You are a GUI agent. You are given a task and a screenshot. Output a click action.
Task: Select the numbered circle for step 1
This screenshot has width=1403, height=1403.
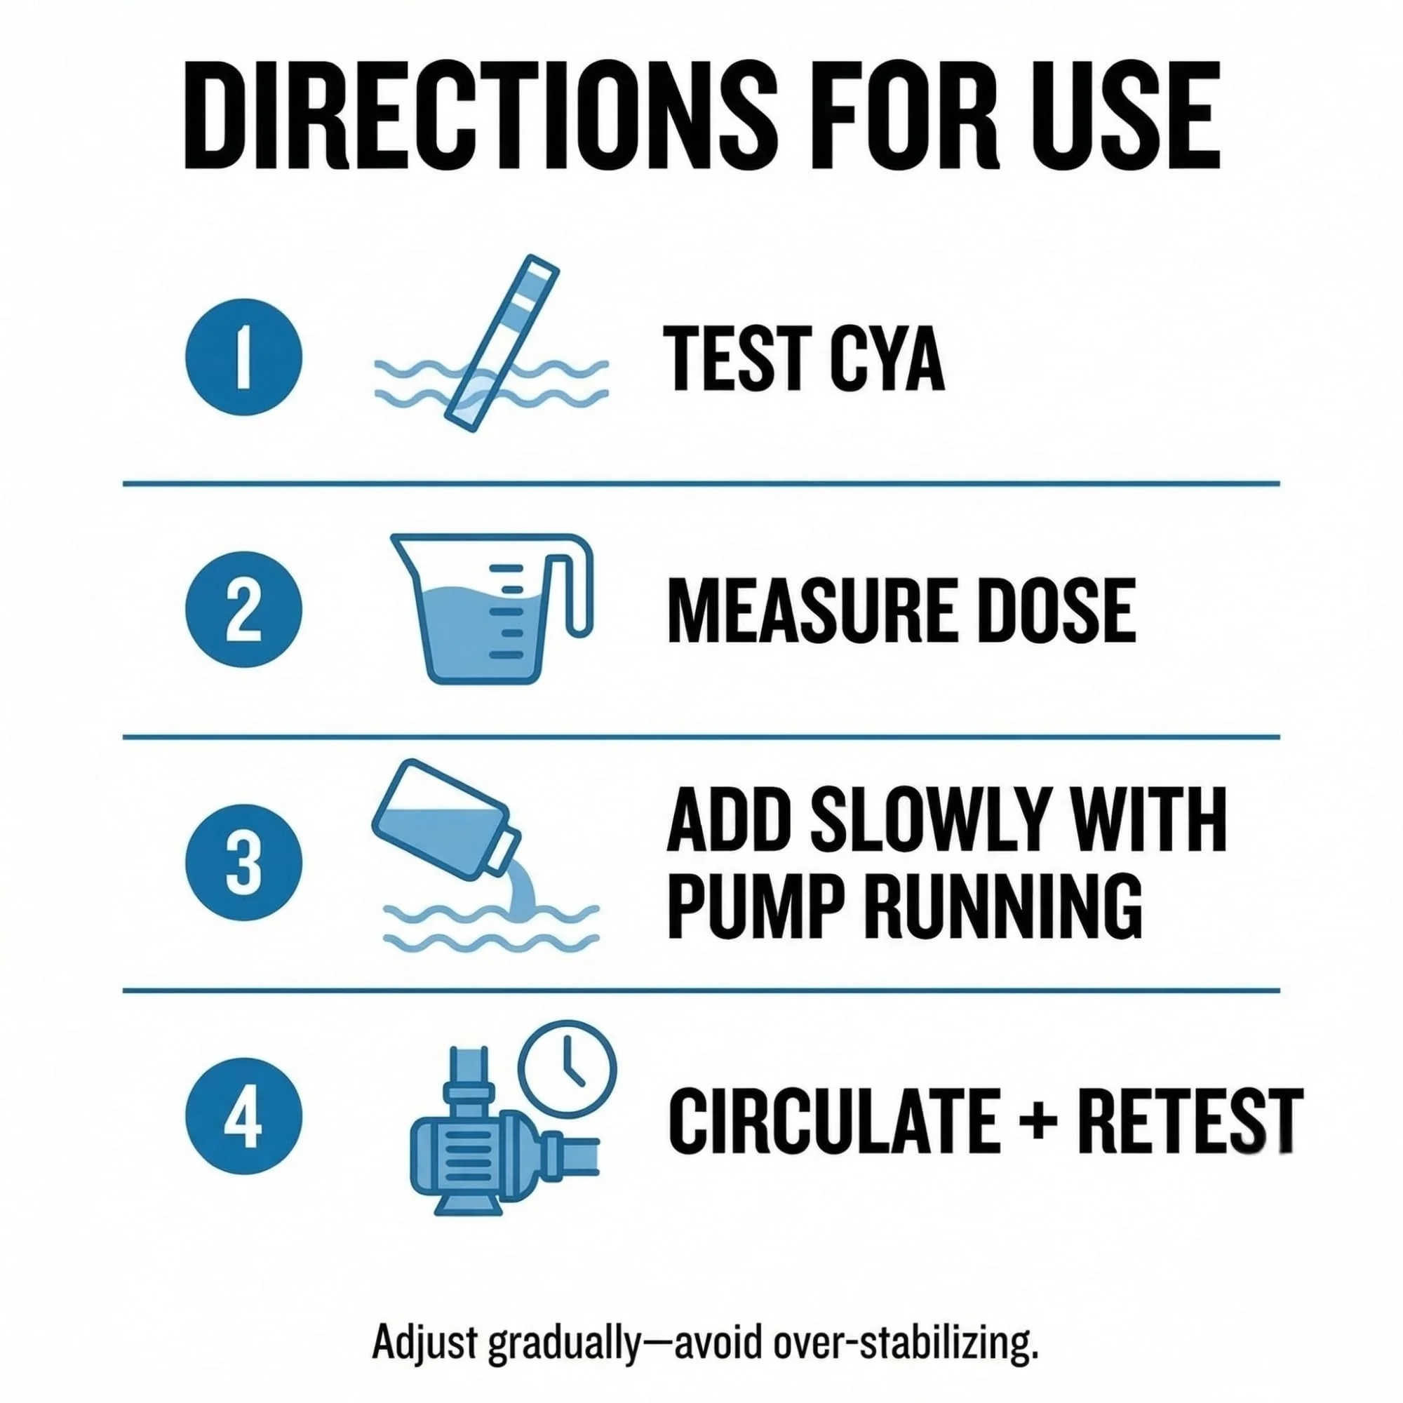[243, 357]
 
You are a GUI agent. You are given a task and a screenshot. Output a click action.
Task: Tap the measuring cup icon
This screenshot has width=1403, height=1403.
[492, 608]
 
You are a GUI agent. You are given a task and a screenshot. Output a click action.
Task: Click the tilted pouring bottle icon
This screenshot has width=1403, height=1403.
[447, 817]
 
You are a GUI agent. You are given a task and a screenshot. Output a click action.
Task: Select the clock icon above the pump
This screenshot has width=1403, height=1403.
[566, 1073]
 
